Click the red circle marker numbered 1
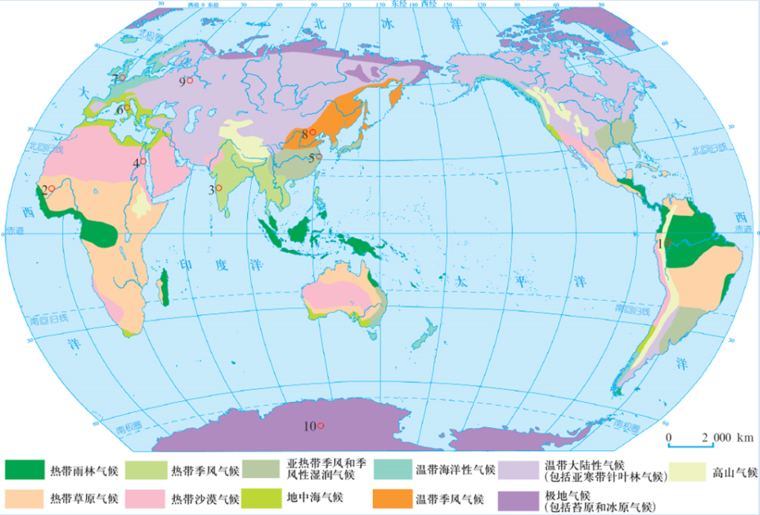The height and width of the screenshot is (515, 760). pos(668,243)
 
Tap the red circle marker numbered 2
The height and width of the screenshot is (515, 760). pos(51,188)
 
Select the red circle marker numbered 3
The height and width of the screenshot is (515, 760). pos(219,188)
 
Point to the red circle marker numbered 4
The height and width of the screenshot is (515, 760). pos(143,161)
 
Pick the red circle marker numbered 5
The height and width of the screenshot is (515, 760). pos(320,157)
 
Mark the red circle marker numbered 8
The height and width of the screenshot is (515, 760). pos(313,132)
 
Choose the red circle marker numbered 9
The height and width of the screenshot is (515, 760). pos(190,81)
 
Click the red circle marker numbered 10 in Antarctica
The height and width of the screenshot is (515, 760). pos(321,426)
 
